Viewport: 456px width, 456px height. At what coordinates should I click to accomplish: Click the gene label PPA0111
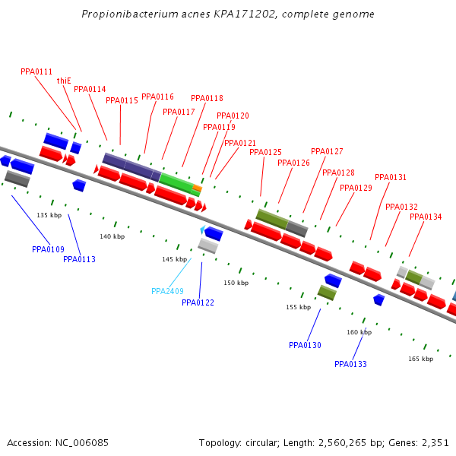[x=36, y=71]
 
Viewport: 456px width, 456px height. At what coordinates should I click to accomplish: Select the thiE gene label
[x=64, y=81]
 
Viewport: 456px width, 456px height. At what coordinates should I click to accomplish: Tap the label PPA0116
[x=157, y=97]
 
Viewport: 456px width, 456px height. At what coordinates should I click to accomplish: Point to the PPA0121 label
[x=240, y=144]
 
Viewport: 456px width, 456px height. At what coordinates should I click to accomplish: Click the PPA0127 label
[x=327, y=151]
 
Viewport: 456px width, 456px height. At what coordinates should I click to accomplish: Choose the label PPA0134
[x=426, y=217]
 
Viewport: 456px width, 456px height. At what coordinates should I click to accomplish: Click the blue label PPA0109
[x=48, y=250]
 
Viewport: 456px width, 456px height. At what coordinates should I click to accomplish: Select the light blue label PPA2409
[x=167, y=291]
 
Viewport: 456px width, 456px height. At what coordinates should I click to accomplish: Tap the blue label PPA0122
[x=198, y=303]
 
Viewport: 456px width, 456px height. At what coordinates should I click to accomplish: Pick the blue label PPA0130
[x=305, y=346]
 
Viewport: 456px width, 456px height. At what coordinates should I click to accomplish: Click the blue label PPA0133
[x=350, y=365]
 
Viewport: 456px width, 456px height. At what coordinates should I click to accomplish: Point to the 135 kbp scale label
[x=49, y=216]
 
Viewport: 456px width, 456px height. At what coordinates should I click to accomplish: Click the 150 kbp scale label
[x=236, y=283]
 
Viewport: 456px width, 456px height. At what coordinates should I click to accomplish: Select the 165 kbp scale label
[x=420, y=359]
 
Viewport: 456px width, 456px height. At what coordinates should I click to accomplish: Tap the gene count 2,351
[x=434, y=442]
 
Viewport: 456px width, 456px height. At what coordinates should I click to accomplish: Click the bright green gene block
[x=176, y=183]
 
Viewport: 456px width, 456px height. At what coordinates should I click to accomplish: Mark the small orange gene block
[x=197, y=188]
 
